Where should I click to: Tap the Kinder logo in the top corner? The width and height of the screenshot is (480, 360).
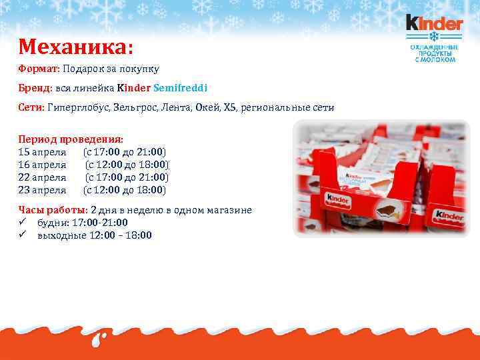click(x=434, y=25)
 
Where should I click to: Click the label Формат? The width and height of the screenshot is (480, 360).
click(x=39, y=69)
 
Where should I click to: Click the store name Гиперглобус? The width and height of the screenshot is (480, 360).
click(x=79, y=107)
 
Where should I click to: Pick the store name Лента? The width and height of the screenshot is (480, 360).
click(x=176, y=107)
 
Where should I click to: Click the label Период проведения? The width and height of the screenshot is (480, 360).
click(x=71, y=139)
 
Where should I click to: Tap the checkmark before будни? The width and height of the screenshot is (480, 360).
click(x=23, y=223)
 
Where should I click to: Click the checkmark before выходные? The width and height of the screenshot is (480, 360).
click(x=23, y=235)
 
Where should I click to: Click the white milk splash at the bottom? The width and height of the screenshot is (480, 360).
click(x=101, y=339)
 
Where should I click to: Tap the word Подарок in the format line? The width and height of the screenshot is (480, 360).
click(x=85, y=69)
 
